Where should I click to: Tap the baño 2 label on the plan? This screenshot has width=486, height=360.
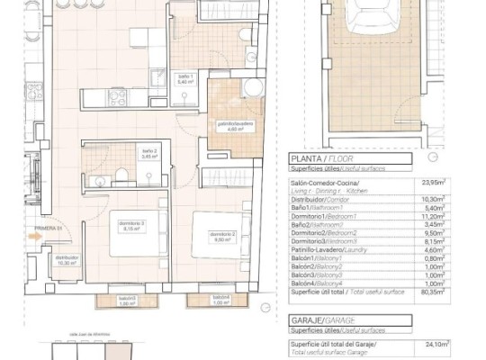pyautogui.click(x=150, y=154)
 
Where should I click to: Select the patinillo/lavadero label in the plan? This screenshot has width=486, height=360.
pyautogui.click(x=234, y=124)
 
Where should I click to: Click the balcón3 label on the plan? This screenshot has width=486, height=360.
pyautogui.click(x=128, y=301)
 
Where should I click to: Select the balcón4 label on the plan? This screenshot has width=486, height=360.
pyautogui.click(x=220, y=300)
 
